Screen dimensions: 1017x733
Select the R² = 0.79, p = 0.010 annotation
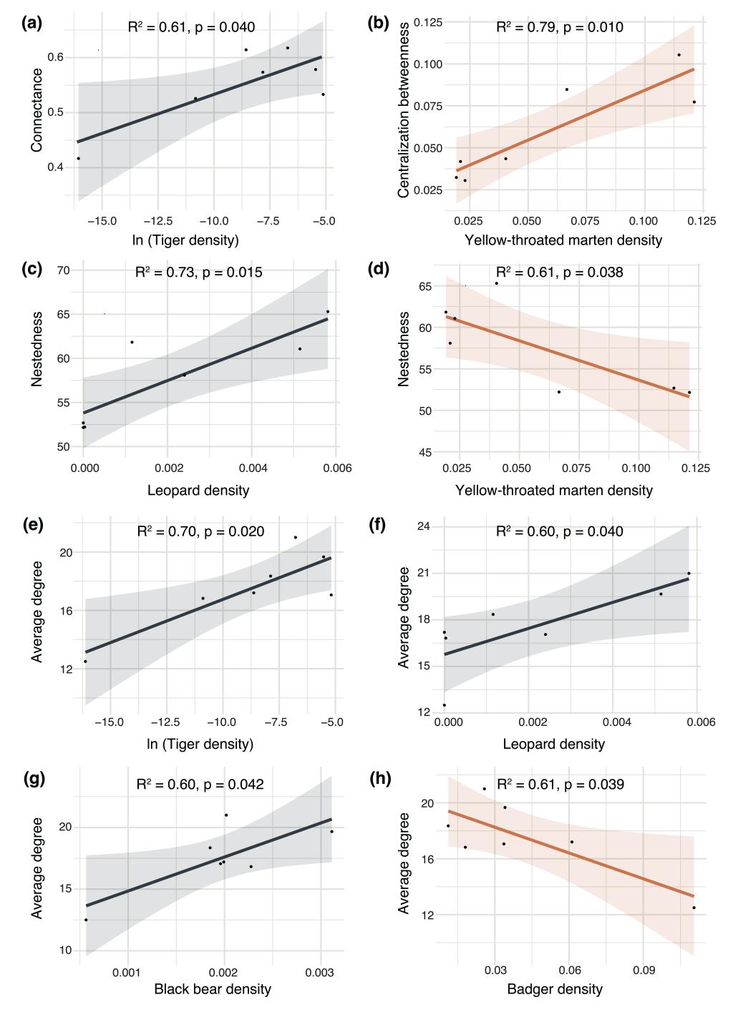[559, 28]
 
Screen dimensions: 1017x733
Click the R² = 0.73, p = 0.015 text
[199, 272]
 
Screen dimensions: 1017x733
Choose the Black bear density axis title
[213, 990]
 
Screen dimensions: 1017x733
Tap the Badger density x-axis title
[555, 990]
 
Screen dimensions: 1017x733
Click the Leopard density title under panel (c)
[198, 490]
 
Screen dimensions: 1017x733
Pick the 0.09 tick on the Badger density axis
[645, 971]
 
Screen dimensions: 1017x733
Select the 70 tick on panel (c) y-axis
[62, 270]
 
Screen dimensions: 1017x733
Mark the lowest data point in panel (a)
[78, 158]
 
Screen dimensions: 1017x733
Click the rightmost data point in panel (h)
[694, 908]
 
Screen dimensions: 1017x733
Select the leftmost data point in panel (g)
[86, 920]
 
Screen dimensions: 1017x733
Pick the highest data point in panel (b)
[679, 55]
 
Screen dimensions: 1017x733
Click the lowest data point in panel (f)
[444, 705]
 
